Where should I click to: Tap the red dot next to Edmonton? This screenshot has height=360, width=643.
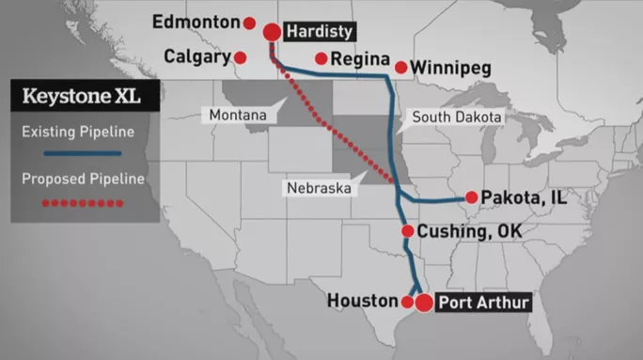(249, 23)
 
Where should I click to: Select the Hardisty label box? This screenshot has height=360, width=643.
(320, 31)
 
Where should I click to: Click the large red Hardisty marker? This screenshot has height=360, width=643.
(273, 32)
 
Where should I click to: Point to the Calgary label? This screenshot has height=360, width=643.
(197, 56)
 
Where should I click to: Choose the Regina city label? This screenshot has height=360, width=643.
(360, 58)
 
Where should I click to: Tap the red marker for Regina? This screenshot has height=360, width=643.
(321, 58)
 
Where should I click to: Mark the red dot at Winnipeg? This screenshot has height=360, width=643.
(401, 68)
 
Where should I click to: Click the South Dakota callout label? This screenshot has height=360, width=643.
(453, 117)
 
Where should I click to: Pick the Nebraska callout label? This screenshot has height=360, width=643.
(319, 188)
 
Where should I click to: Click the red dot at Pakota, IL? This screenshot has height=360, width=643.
(471, 198)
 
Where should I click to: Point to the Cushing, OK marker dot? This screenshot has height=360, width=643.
(407, 231)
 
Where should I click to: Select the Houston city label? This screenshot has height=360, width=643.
(363, 301)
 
